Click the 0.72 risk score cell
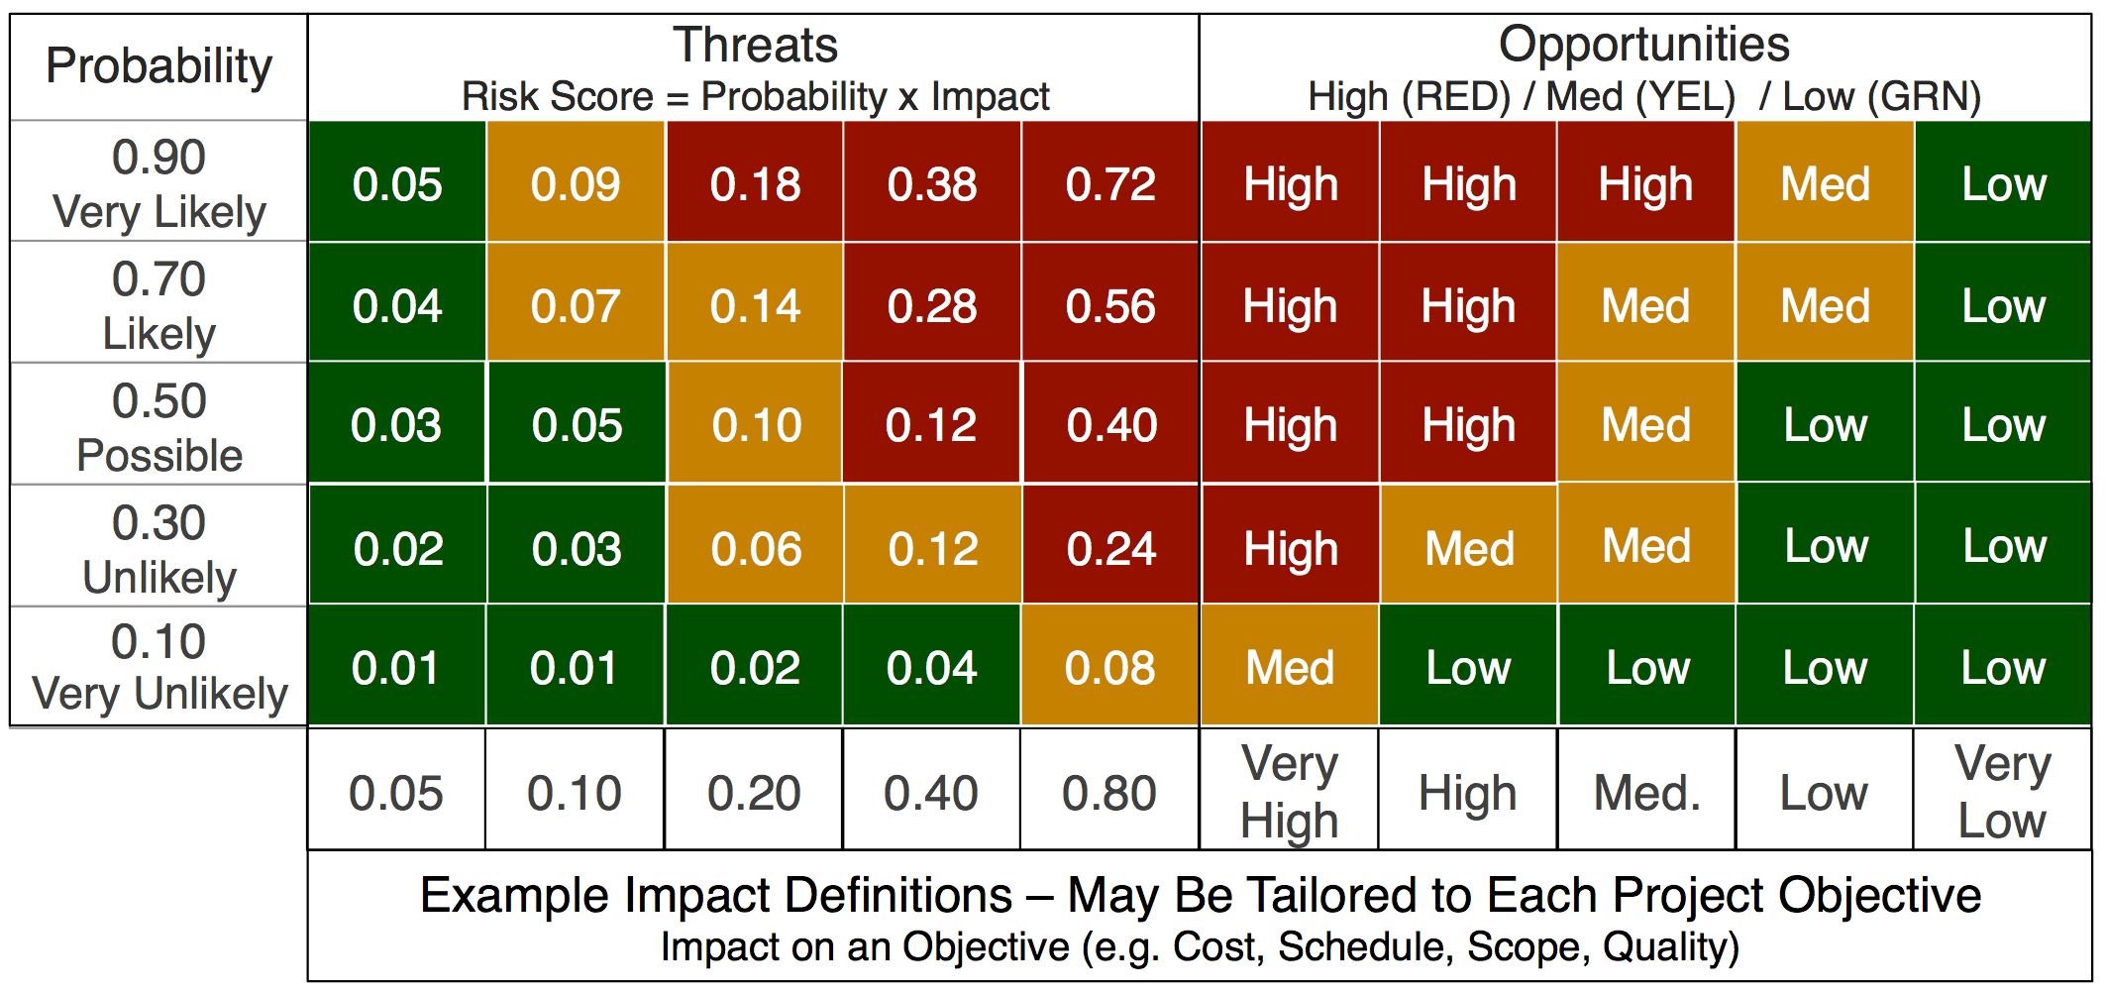click(1110, 184)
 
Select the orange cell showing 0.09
click(576, 184)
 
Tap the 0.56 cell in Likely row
click(1110, 306)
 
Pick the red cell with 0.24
click(1110, 548)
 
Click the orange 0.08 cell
click(1109, 668)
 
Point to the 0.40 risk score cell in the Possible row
click(1111, 425)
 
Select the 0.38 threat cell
click(932, 184)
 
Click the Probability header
click(158, 66)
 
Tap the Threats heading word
click(755, 45)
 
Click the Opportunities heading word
click(1643, 45)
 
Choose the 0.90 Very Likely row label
click(158, 184)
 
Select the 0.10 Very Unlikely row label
click(158, 668)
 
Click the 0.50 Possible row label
click(158, 426)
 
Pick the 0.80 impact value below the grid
click(1109, 793)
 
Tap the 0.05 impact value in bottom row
click(396, 793)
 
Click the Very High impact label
click(1290, 793)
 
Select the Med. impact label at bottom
click(1646, 793)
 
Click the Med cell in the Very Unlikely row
click(1290, 668)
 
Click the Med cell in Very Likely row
click(1825, 184)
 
